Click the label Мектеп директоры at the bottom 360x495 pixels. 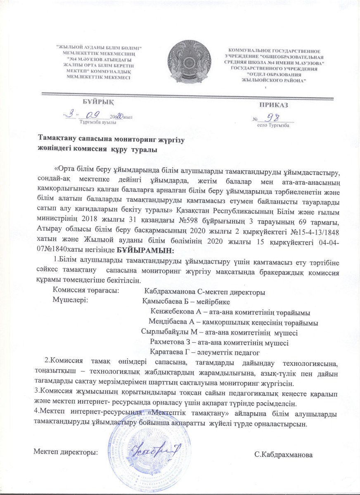pyautogui.click(x=65, y=452)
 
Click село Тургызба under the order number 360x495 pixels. pyautogui.click(x=273, y=125)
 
